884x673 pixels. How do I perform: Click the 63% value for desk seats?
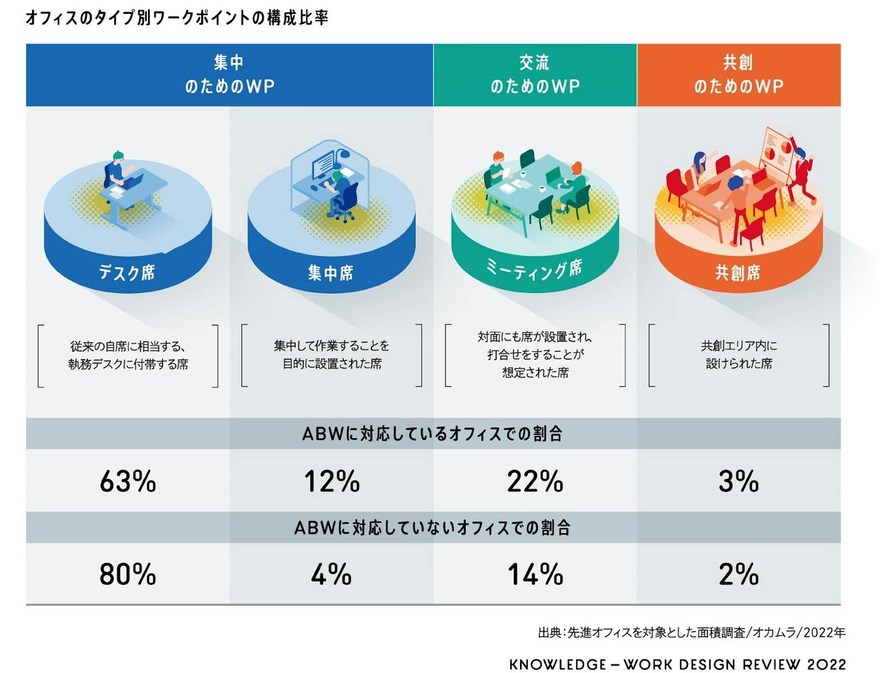coord(128,481)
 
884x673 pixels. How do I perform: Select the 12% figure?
coord(331,481)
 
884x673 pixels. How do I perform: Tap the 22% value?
coord(535,481)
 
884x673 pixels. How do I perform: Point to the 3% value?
coord(738,481)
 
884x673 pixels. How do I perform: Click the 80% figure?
coord(128,574)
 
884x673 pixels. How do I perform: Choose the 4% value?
coord(331,574)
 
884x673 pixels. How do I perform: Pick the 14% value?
coord(535,574)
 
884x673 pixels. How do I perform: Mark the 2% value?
coord(738,574)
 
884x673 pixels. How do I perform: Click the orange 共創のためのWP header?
coord(739,75)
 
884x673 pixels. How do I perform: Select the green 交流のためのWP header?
coord(535,75)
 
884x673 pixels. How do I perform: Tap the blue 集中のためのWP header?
coord(229,75)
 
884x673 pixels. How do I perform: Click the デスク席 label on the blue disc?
coord(127,272)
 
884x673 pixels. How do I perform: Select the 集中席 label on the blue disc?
coord(330,272)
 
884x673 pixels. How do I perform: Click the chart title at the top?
coord(177,18)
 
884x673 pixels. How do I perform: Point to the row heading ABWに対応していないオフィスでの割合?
coord(433,528)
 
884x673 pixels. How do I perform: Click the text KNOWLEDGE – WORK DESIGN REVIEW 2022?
coord(677,664)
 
